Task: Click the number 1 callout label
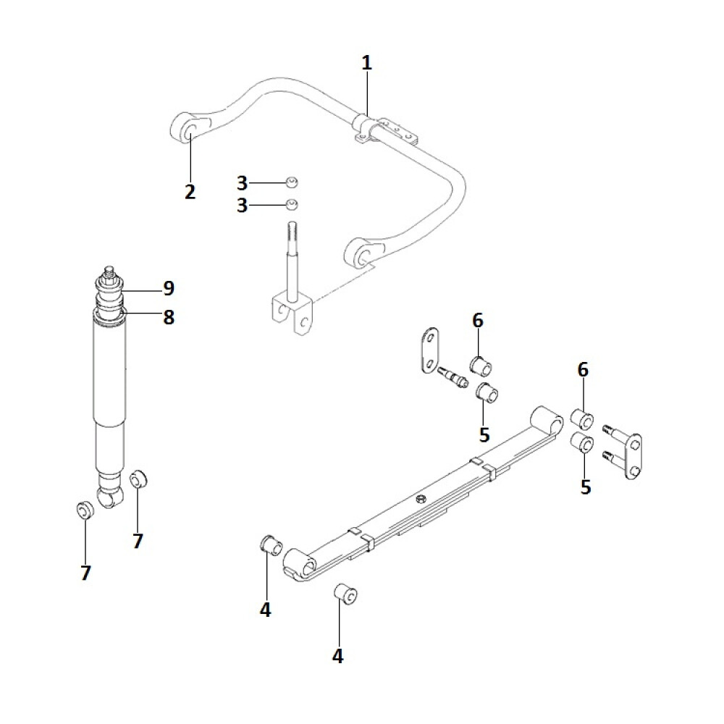[x=366, y=63]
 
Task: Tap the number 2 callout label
[x=190, y=192]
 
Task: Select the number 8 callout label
[x=169, y=317]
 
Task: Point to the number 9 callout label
[x=169, y=288]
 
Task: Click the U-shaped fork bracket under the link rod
[x=294, y=314]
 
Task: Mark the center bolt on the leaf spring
[x=420, y=499]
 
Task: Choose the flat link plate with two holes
[x=430, y=350]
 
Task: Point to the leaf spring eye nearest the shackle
[x=547, y=418]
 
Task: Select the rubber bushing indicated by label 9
[x=109, y=292]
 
